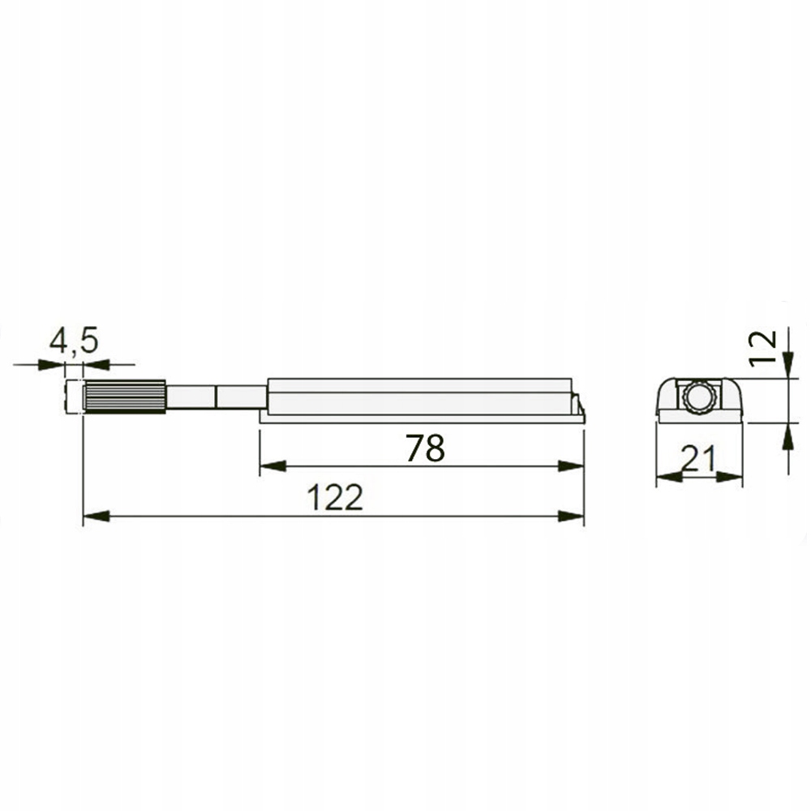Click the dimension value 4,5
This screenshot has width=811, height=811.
click(75, 341)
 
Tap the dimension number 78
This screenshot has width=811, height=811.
click(425, 448)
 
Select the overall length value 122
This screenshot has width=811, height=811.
click(334, 498)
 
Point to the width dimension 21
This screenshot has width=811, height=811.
click(698, 461)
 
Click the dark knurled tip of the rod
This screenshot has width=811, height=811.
click(126, 397)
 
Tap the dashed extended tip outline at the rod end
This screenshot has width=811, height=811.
click(75, 397)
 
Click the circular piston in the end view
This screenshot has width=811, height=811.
click(699, 399)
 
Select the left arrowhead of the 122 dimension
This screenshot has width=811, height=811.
click(95, 517)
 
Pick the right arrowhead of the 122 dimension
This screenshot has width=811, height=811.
click(572, 517)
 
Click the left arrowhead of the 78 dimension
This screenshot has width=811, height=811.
click(272, 466)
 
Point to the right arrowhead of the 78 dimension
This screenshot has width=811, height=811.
click(571, 466)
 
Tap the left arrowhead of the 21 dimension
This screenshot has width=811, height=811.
click(667, 478)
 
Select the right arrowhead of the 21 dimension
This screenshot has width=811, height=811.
click(732, 478)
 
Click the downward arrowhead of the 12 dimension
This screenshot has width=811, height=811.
click(787, 366)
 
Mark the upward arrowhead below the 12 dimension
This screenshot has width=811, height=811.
click(787, 438)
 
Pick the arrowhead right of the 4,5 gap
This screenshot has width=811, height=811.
click(97, 366)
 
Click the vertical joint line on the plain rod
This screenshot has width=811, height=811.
click(217, 397)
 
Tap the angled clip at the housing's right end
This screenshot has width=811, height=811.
click(578, 402)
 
